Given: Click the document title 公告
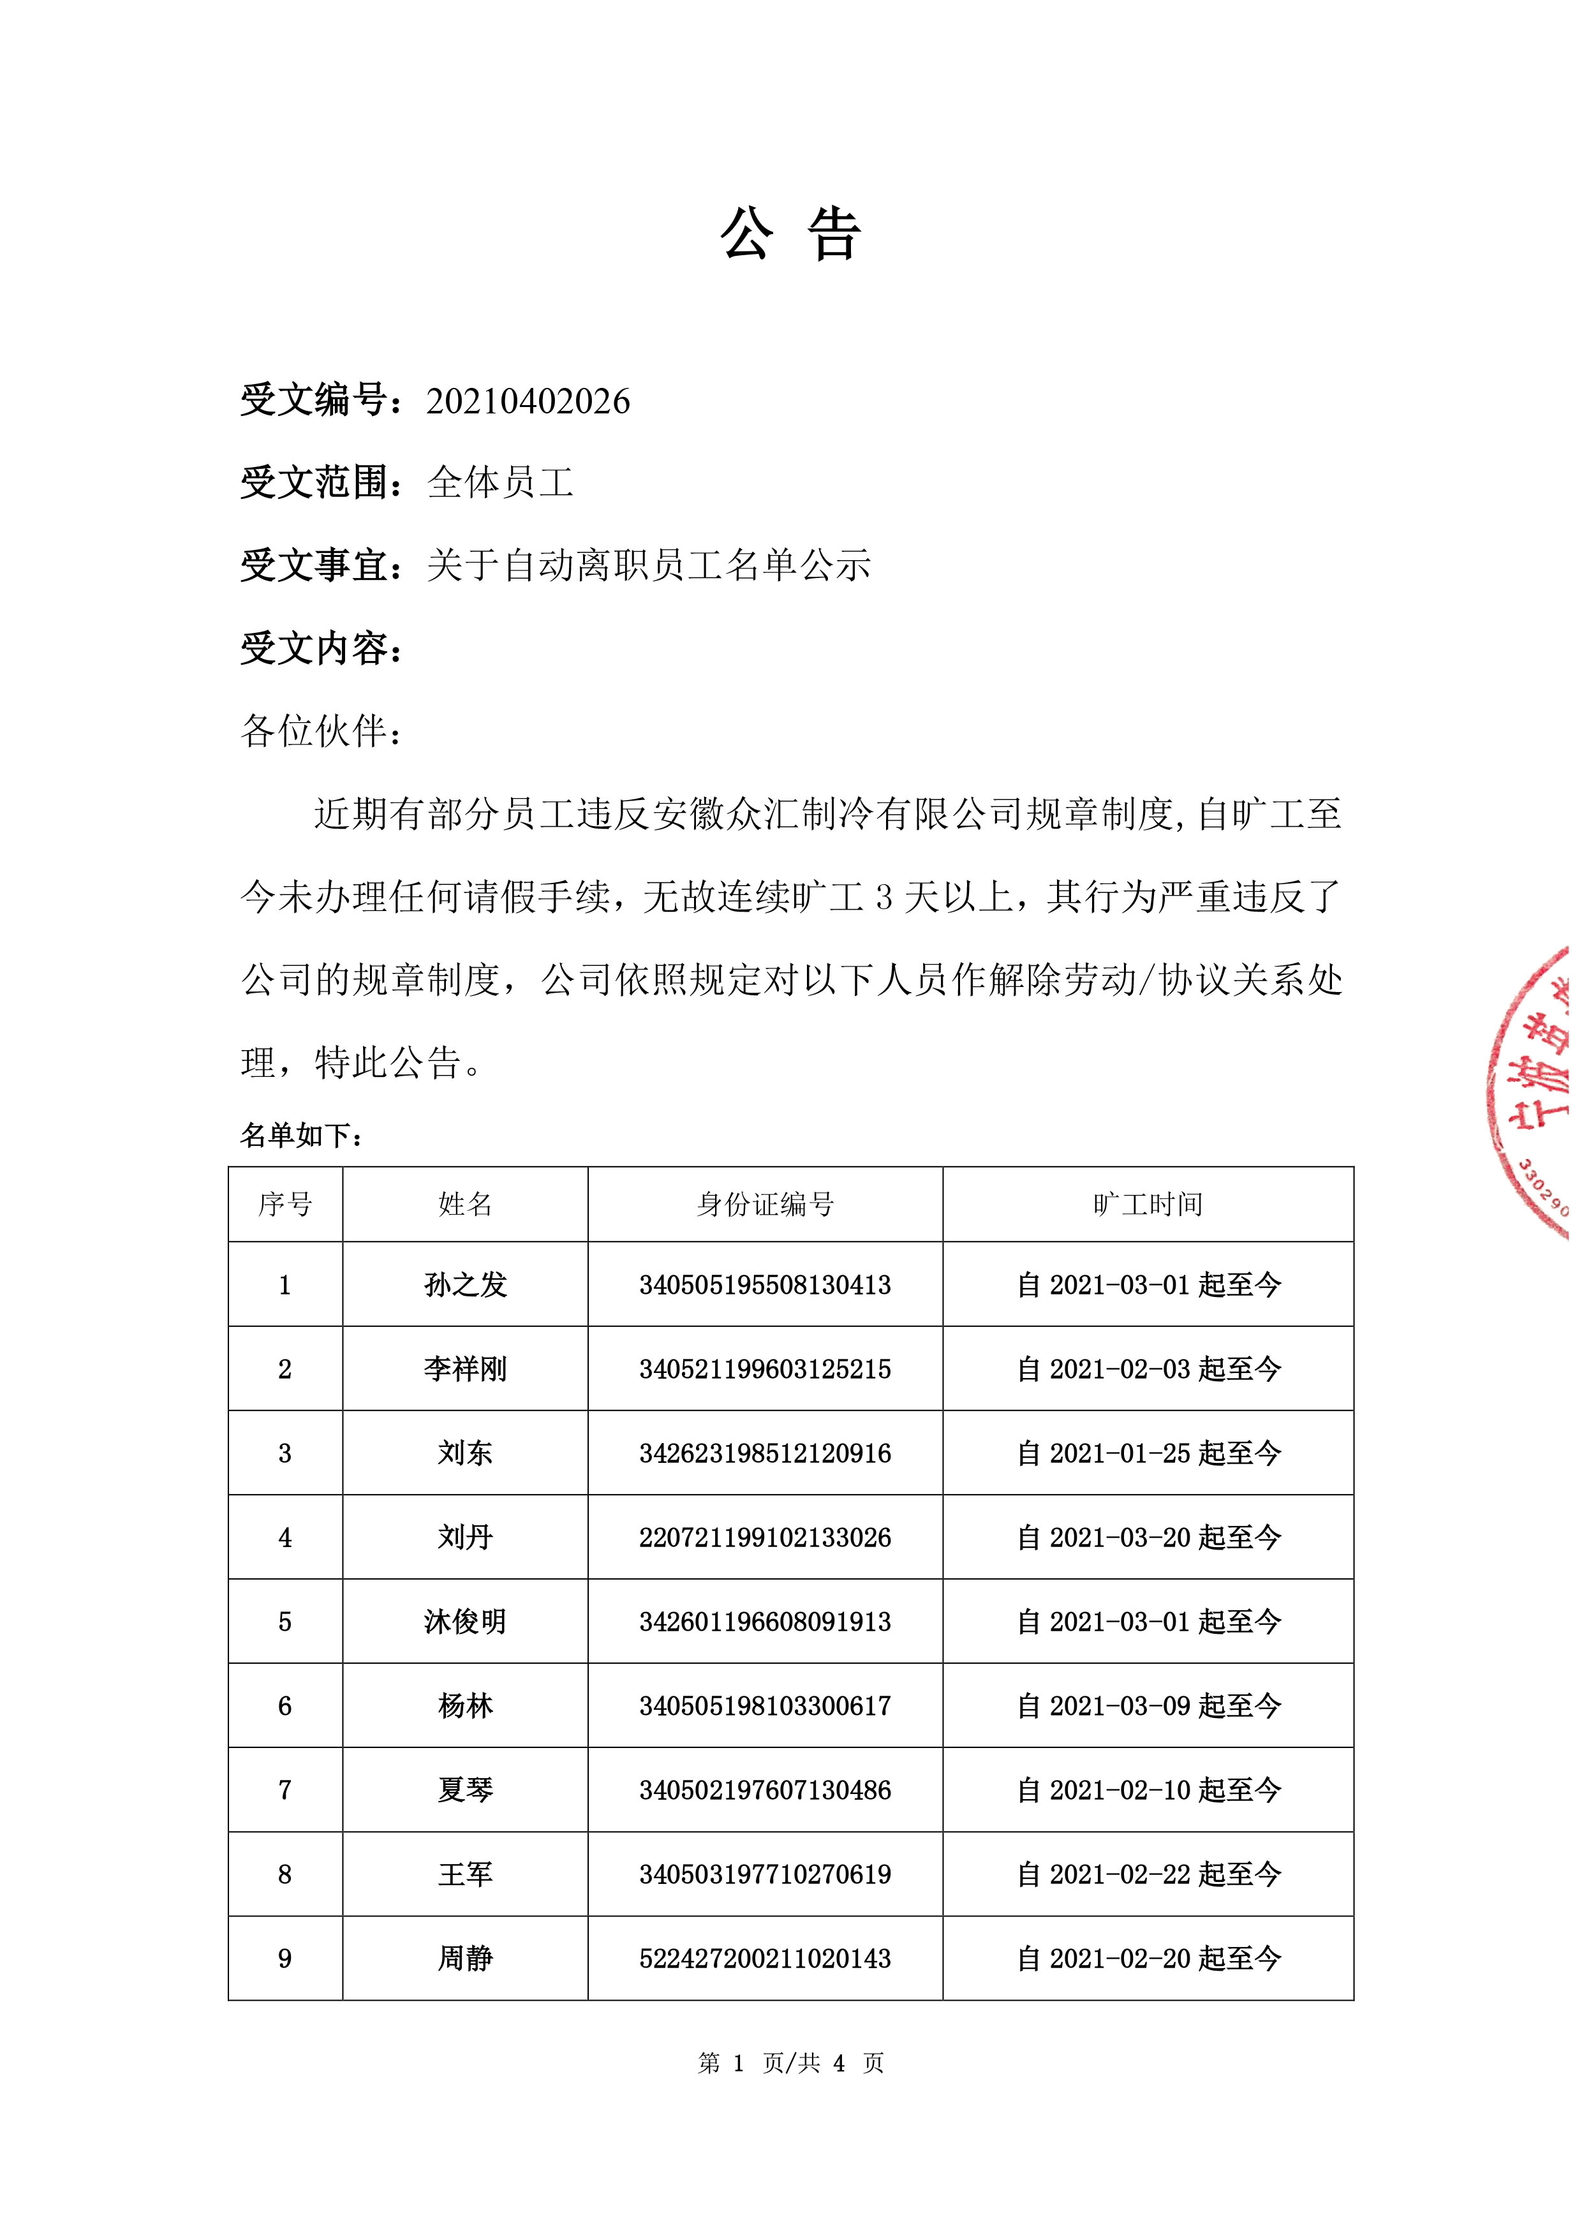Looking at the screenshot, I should click(x=790, y=235).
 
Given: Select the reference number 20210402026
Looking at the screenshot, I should click(x=528, y=401).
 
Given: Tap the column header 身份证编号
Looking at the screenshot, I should click(x=765, y=1204).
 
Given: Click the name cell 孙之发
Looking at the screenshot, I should click(x=465, y=1285).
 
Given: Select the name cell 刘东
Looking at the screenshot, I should click(x=465, y=1453).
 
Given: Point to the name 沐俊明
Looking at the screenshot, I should click(x=465, y=1622).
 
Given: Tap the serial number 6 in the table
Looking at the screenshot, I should click(x=285, y=1706).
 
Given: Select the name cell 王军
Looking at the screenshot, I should click(x=465, y=1874).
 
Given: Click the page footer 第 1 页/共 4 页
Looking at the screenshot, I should click(x=790, y=2063).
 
